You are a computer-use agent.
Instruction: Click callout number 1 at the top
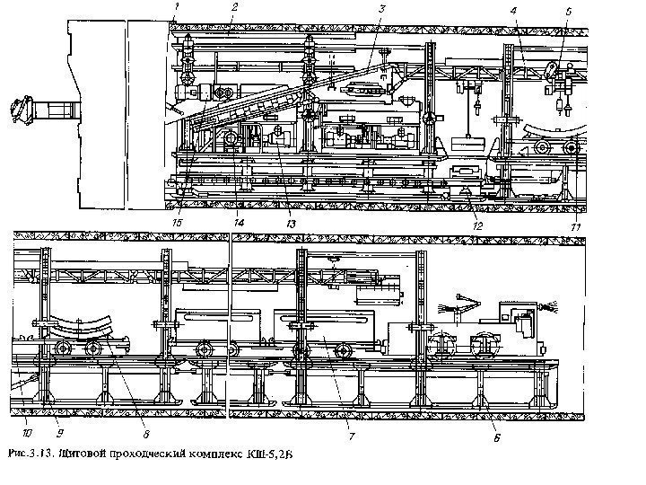[178, 7]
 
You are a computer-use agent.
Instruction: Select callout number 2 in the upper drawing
[233, 7]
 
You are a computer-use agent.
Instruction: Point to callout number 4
[513, 10]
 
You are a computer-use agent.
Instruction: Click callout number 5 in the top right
[569, 11]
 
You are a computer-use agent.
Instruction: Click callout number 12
[477, 225]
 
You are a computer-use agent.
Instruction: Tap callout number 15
[179, 221]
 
